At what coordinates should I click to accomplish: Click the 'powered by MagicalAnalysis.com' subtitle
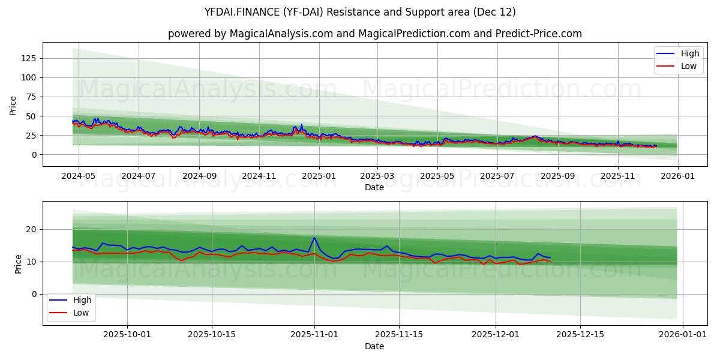(x=375, y=34)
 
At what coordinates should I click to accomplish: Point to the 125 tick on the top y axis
(x=29, y=58)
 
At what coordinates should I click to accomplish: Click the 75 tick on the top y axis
(x=31, y=97)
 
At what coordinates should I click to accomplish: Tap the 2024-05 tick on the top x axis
(x=78, y=177)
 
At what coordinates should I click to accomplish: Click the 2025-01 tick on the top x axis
(x=319, y=177)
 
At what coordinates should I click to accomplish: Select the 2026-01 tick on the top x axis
(x=678, y=177)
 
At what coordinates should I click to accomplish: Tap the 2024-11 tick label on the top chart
(x=259, y=177)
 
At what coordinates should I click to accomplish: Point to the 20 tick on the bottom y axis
(x=31, y=229)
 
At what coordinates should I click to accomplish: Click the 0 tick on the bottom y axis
(x=34, y=294)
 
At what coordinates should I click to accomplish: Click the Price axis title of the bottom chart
(x=18, y=263)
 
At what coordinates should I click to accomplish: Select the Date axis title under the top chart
(x=374, y=188)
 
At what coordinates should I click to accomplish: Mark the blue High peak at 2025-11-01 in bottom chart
(x=314, y=238)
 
